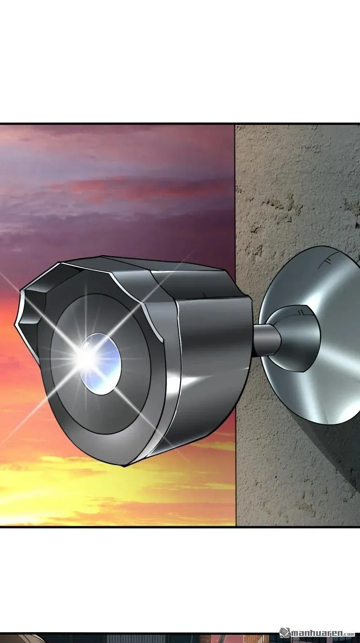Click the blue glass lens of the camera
100,364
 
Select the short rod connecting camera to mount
266,341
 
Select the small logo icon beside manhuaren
285,632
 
